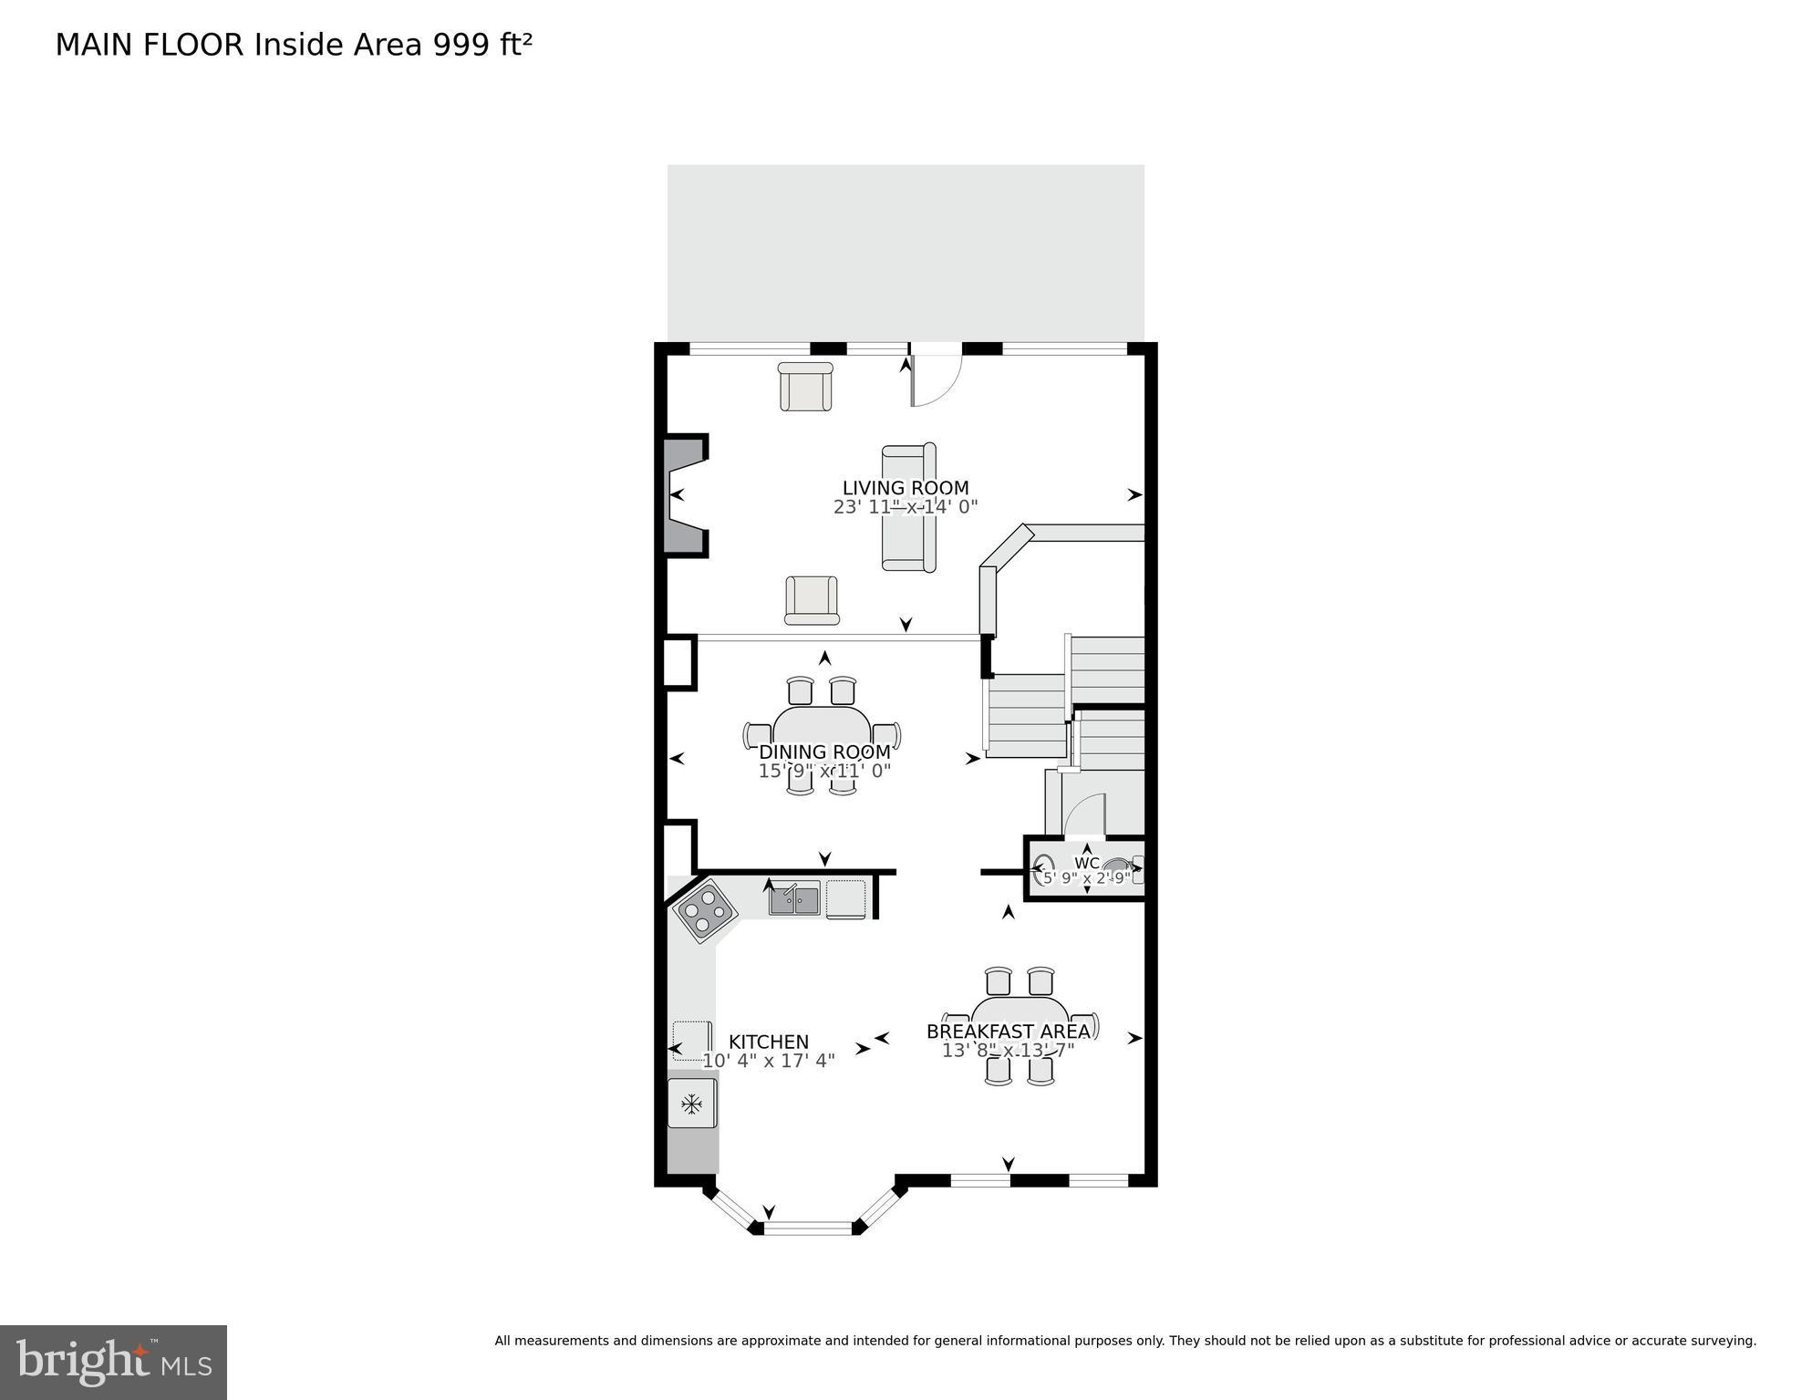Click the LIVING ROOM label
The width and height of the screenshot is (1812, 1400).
coord(905,488)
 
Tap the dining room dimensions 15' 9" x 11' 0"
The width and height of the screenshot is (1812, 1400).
coord(824,771)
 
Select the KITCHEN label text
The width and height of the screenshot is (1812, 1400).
coord(768,1042)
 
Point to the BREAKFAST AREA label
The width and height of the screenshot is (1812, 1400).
coord(1008,1032)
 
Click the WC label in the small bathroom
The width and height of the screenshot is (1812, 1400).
coord(1086,863)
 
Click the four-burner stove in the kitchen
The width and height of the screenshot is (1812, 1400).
coord(705,910)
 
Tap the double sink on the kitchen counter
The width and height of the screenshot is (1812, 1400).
coord(794,899)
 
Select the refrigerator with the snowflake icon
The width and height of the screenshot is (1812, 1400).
coord(692,1104)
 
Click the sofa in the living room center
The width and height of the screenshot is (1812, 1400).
coord(908,507)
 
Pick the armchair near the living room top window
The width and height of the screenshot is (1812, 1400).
coord(805,387)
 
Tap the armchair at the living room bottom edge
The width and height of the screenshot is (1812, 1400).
coord(812,600)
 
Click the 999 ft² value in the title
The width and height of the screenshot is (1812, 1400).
coord(481,45)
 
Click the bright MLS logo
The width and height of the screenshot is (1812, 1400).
coord(113,1362)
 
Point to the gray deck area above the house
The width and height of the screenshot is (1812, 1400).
coord(905,253)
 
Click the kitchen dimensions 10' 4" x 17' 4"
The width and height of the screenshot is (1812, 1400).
coord(768,1061)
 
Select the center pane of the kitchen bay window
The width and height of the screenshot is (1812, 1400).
coord(808,1228)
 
